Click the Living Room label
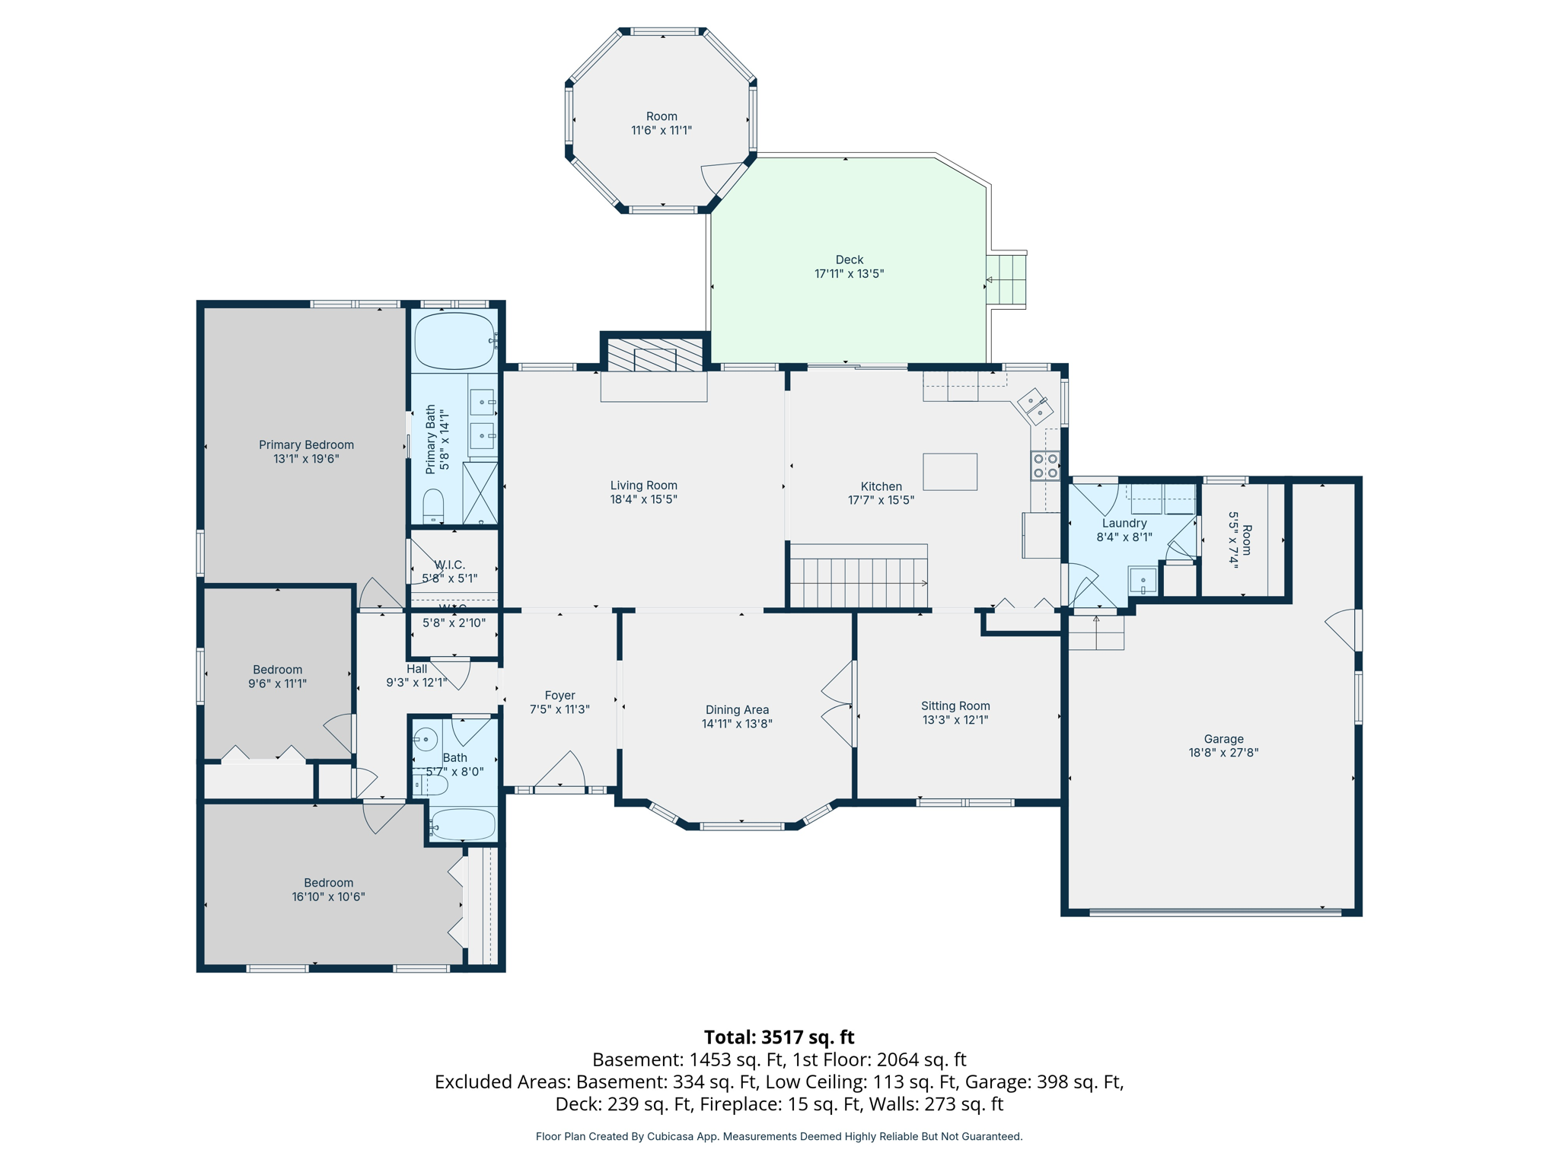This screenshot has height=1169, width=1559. (x=643, y=486)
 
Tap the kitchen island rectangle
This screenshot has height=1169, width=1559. (x=950, y=472)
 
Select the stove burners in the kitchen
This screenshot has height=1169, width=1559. (x=1045, y=466)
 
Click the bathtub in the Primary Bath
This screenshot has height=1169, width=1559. (x=454, y=341)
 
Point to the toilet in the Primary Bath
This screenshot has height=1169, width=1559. (x=433, y=505)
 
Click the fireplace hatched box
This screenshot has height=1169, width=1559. (x=655, y=355)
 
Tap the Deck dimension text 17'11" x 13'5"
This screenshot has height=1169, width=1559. (x=849, y=274)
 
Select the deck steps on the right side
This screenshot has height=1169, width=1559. (x=1006, y=279)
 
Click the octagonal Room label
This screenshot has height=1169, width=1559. (x=662, y=116)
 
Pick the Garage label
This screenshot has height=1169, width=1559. (x=1223, y=739)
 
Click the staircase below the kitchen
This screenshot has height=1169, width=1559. (x=859, y=582)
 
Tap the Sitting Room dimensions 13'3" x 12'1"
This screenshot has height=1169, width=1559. (x=955, y=720)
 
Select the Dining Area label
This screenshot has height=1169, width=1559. (x=737, y=710)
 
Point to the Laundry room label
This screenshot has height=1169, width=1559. (x=1124, y=524)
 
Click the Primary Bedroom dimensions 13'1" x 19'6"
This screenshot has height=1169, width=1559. (x=306, y=459)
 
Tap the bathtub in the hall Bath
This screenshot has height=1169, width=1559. (x=463, y=824)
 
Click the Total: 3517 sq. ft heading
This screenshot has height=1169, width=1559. (x=779, y=1037)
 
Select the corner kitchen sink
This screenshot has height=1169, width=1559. (x=1035, y=406)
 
